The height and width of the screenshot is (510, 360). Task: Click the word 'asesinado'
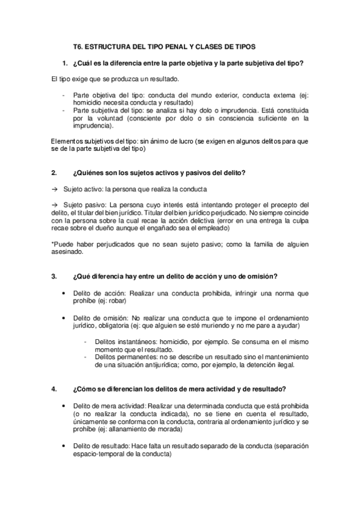66,253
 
